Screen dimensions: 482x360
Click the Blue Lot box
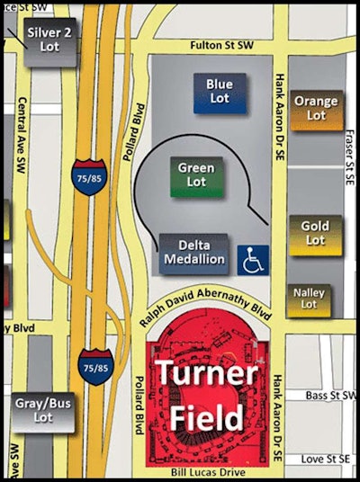220,93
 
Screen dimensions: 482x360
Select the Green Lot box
195,174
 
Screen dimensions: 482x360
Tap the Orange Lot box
316,109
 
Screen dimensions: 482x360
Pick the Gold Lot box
315,233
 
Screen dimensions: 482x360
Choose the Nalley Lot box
310,299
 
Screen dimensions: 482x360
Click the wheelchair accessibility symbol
252,259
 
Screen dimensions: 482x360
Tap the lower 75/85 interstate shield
95,367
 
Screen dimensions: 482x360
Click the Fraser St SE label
350,153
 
